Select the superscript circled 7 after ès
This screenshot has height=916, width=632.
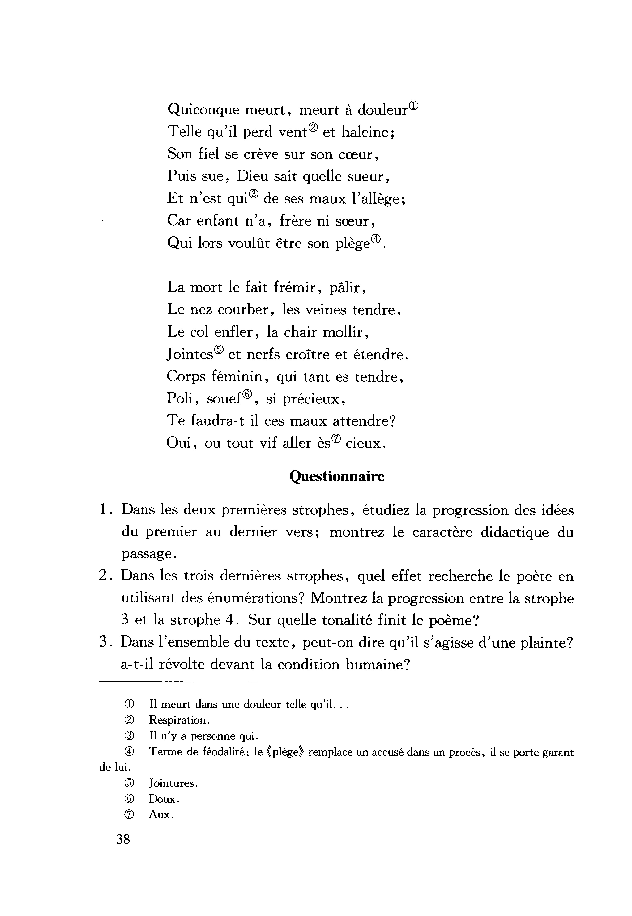(336, 438)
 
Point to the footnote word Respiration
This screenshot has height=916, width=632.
(177, 720)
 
